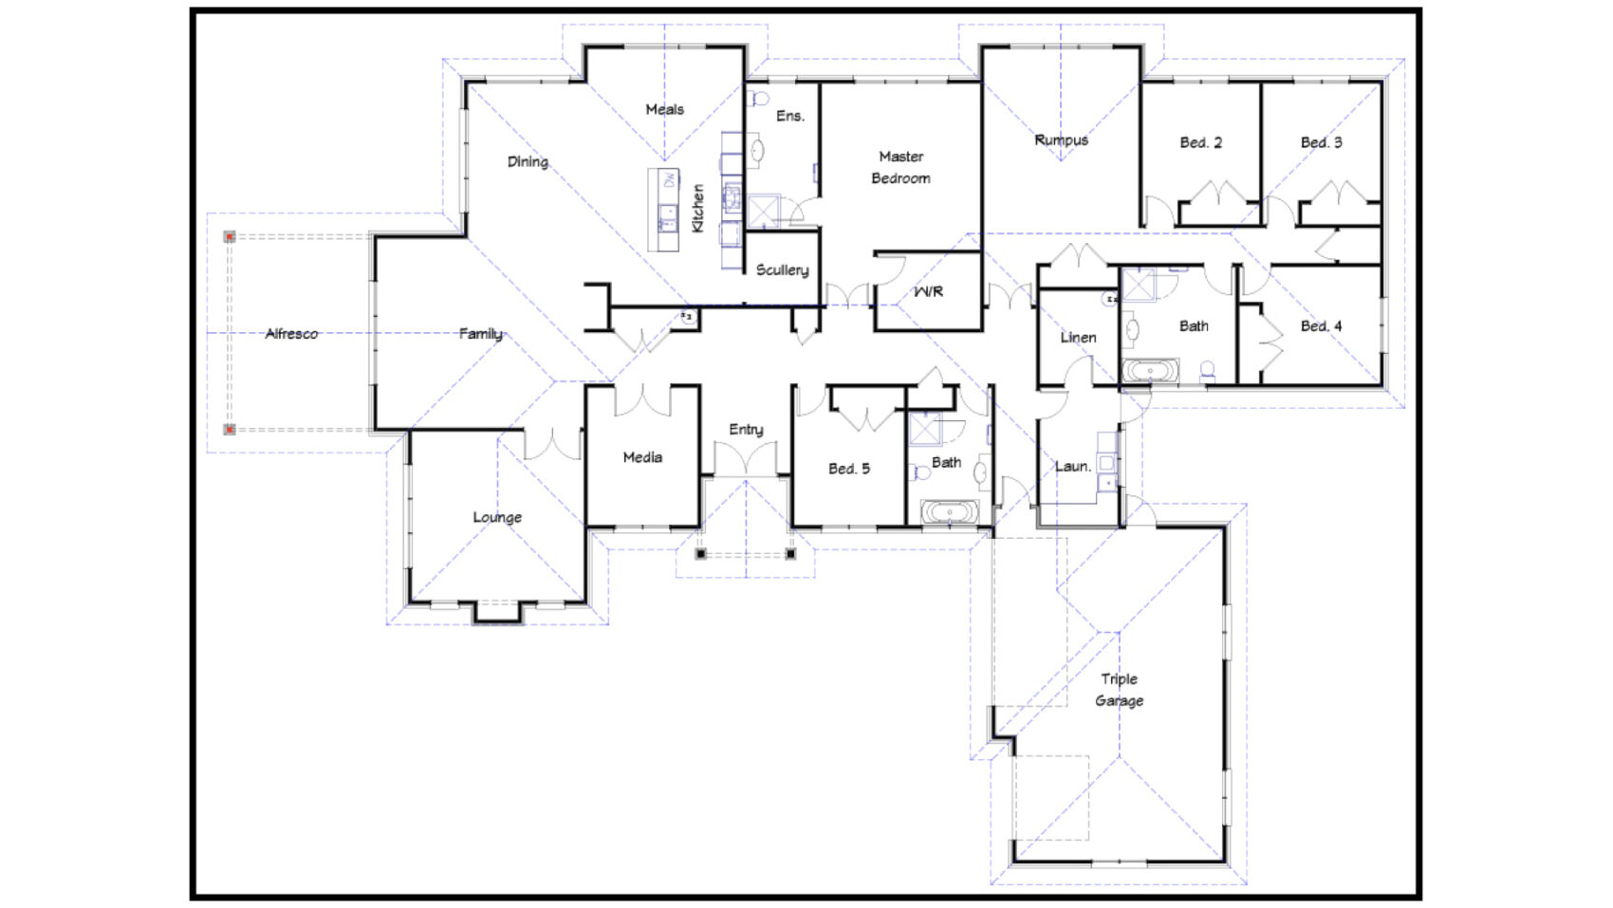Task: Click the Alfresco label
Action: [x=291, y=334]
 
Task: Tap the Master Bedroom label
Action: [x=900, y=167]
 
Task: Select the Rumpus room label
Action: [x=1061, y=140]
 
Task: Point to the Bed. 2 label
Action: [x=1200, y=142]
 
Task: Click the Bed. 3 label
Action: [x=1321, y=142]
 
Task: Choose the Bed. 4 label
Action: [x=1321, y=326]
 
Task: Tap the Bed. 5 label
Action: [x=848, y=469]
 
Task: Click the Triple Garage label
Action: [x=1120, y=690]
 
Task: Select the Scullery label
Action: [x=782, y=270]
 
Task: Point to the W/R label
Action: [x=928, y=291]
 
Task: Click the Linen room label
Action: [x=1078, y=338]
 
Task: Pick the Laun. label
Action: [x=1072, y=467]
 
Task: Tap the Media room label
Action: [x=642, y=457]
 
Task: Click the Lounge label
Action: [x=497, y=517]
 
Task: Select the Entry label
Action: [x=746, y=430]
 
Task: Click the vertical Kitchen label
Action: [x=697, y=209]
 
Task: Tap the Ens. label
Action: [x=789, y=116]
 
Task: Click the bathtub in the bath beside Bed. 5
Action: [x=950, y=513]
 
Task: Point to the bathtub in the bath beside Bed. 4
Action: [x=1151, y=370]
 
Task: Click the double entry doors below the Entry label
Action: [x=746, y=462]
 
